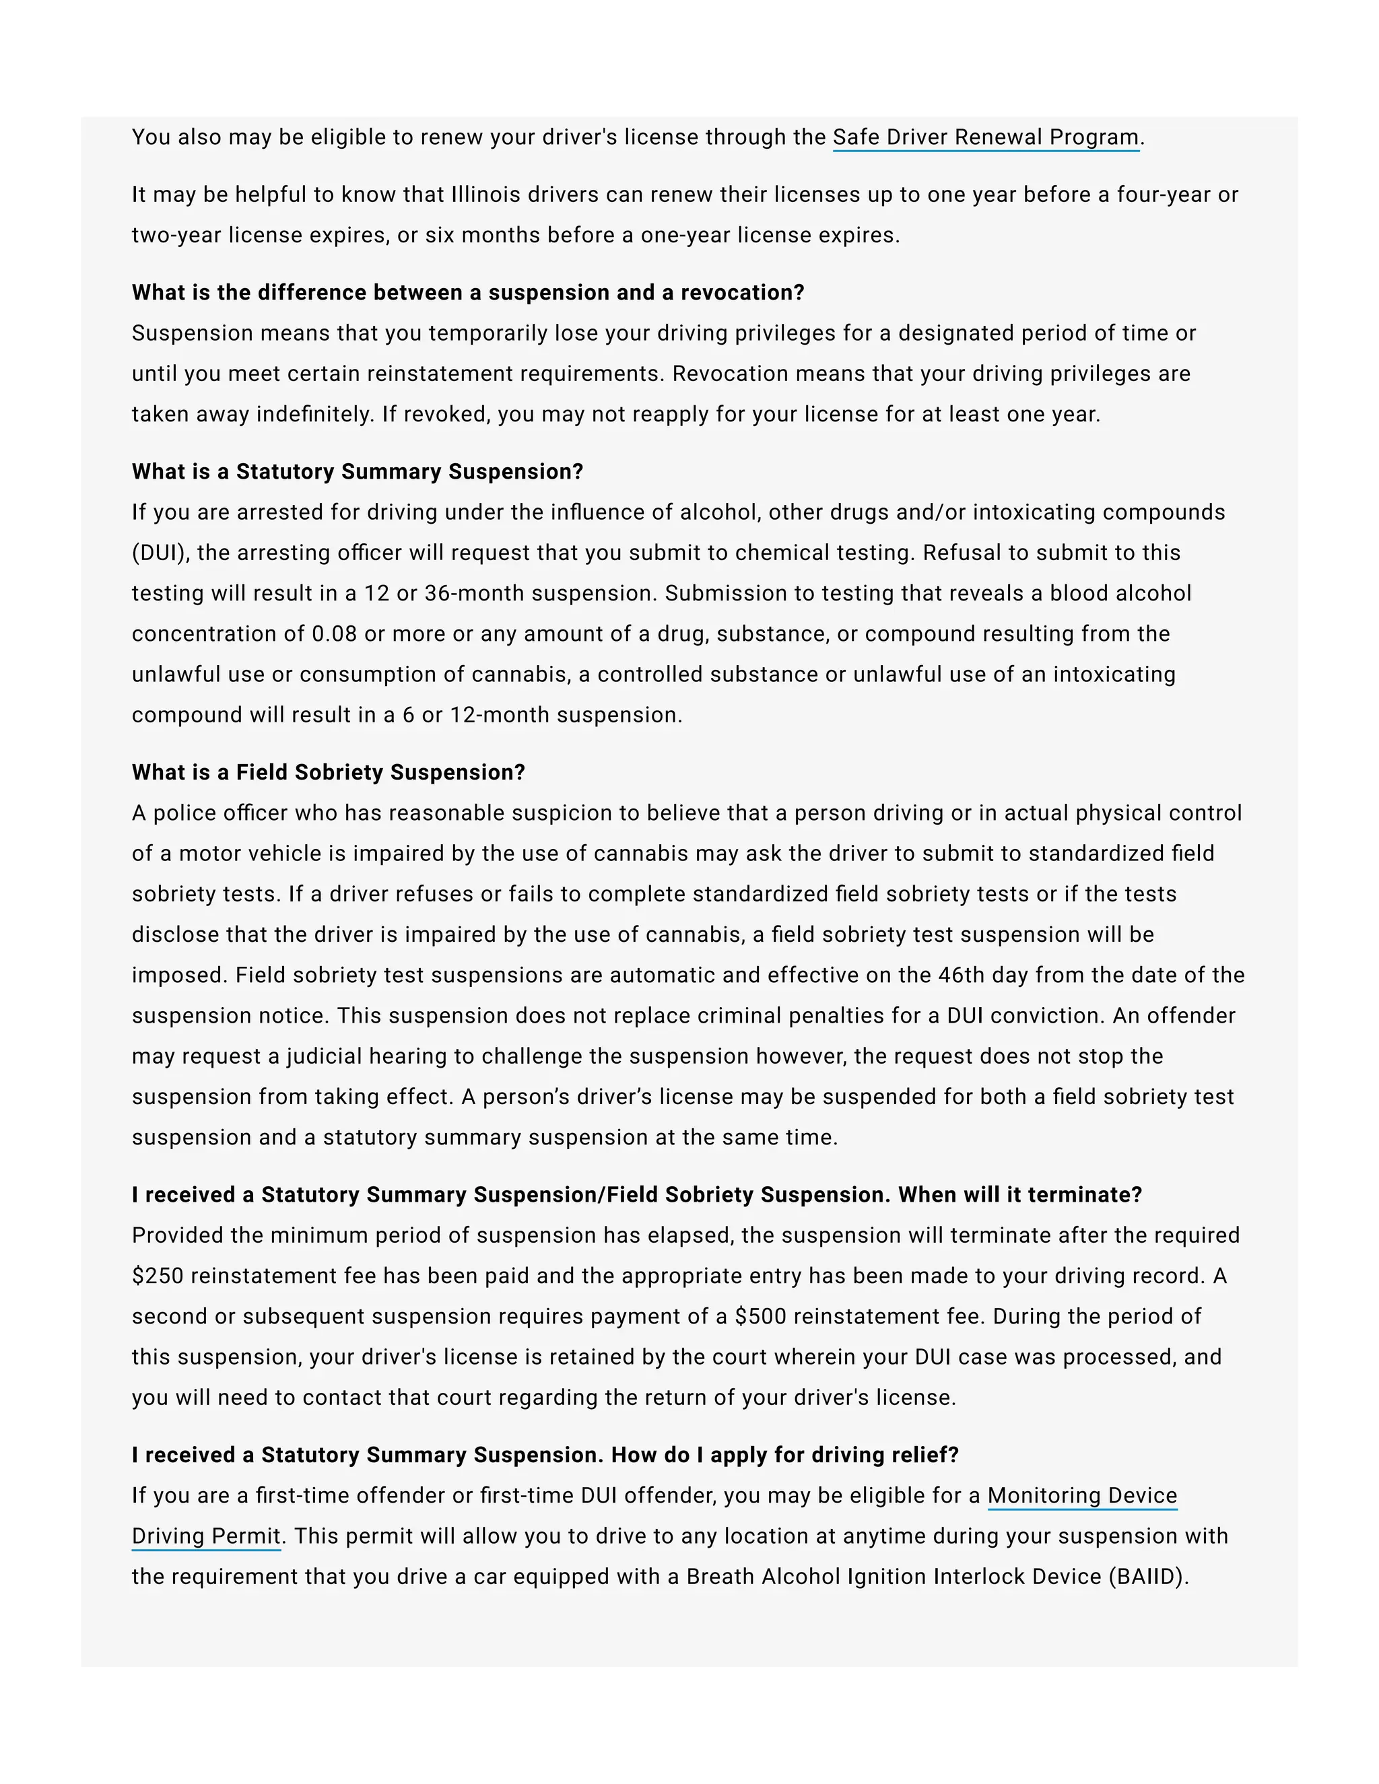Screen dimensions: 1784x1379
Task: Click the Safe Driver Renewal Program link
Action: click(x=985, y=137)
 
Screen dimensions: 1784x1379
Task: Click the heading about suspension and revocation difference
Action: click(x=467, y=292)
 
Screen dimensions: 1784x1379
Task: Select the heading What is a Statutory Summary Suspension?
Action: click(x=357, y=471)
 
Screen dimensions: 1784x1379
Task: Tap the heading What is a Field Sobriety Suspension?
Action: click(x=328, y=772)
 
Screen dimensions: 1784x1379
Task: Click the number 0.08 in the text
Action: click(x=334, y=634)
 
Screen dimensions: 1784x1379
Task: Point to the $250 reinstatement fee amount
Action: click(x=158, y=1276)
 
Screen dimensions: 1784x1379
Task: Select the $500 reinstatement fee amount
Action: click(x=760, y=1316)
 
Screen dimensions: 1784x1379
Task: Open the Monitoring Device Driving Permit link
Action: click(x=1081, y=1496)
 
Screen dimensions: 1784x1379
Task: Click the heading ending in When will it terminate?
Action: click(x=636, y=1194)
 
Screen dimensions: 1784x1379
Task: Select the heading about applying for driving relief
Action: click(x=545, y=1455)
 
